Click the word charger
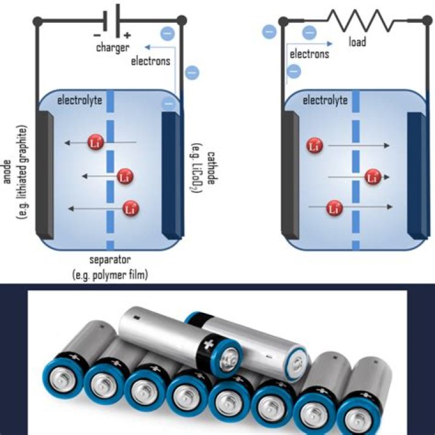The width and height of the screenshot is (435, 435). [x=112, y=47]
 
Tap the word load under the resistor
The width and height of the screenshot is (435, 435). [x=358, y=42]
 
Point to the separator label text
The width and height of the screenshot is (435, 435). [x=110, y=260]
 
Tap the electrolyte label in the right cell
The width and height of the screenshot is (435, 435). [x=325, y=100]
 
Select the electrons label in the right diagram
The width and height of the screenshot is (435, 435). [x=309, y=54]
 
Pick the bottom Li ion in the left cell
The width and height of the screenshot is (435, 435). [x=129, y=209]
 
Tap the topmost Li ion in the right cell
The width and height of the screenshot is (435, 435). [x=314, y=145]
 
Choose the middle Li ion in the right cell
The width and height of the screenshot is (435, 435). [x=373, y=177]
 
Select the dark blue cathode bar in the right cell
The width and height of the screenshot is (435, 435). [x=416, y=181]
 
